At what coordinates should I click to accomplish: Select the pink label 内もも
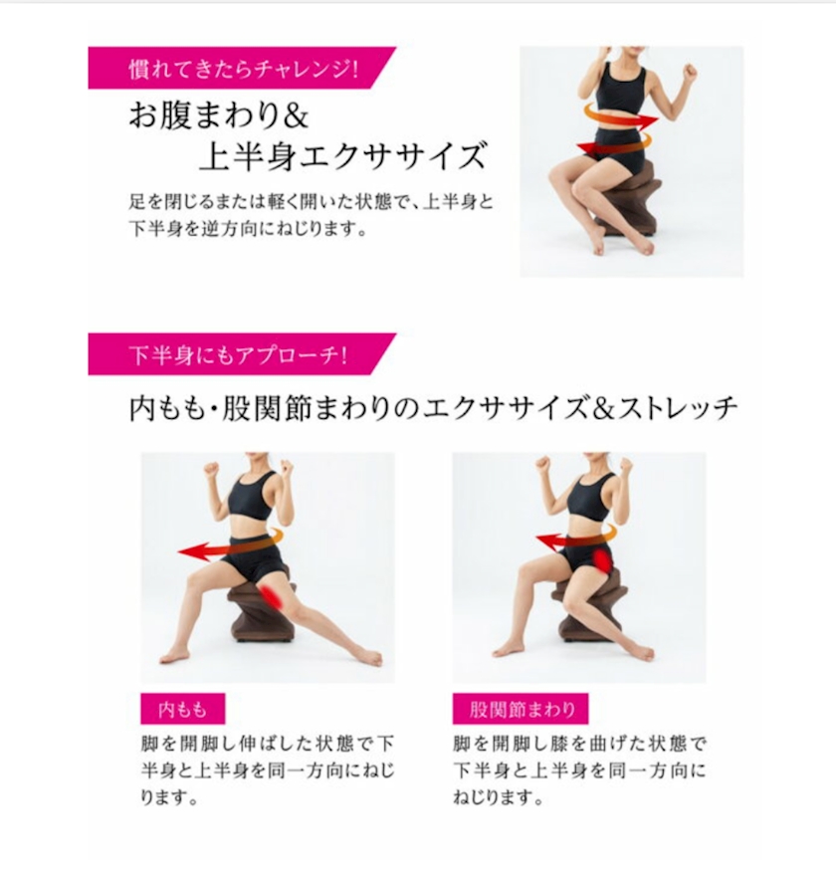[x=183, y=709]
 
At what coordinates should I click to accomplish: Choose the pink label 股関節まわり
[x=521, y=709]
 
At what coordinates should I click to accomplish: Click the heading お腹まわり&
[x=218, y=115]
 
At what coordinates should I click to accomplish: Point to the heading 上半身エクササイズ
[x=341, y=155]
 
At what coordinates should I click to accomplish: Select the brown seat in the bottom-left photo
[x=260, y=609]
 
